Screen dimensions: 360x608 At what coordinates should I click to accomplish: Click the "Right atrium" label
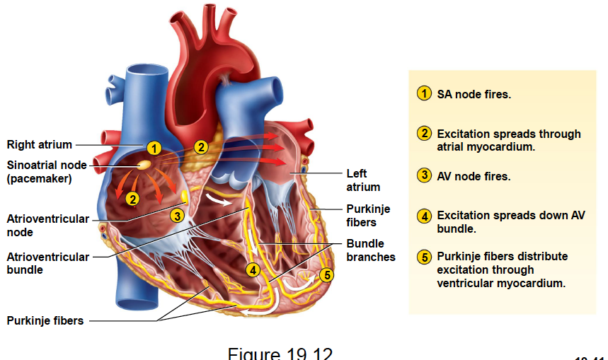(40, 145)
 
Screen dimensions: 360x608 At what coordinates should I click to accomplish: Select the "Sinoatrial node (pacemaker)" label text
(47, 172)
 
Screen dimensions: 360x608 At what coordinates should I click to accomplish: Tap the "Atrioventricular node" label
(48, 226)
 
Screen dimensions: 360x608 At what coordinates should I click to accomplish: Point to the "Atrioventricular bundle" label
(48, 263)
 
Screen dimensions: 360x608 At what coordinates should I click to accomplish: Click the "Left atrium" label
(363, 180)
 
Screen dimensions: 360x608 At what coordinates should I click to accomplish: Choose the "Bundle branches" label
(371, 250)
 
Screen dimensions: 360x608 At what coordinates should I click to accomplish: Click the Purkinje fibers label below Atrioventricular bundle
(45, 320)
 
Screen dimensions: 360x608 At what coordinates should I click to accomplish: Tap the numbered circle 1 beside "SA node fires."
(424, 93)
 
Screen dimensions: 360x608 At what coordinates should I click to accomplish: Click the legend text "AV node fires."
(474, 176)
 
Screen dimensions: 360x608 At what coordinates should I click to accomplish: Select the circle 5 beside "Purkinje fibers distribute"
(424, 257)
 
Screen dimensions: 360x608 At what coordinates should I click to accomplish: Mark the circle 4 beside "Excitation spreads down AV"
(424, 216)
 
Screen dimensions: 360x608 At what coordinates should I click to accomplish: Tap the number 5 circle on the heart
(326, 275)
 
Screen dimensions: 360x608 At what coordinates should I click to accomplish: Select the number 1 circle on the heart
(154, 148)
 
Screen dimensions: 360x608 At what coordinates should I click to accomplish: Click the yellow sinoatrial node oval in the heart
(144, 165)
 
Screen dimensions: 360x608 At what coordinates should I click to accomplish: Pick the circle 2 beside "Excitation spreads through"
(424, 134)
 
